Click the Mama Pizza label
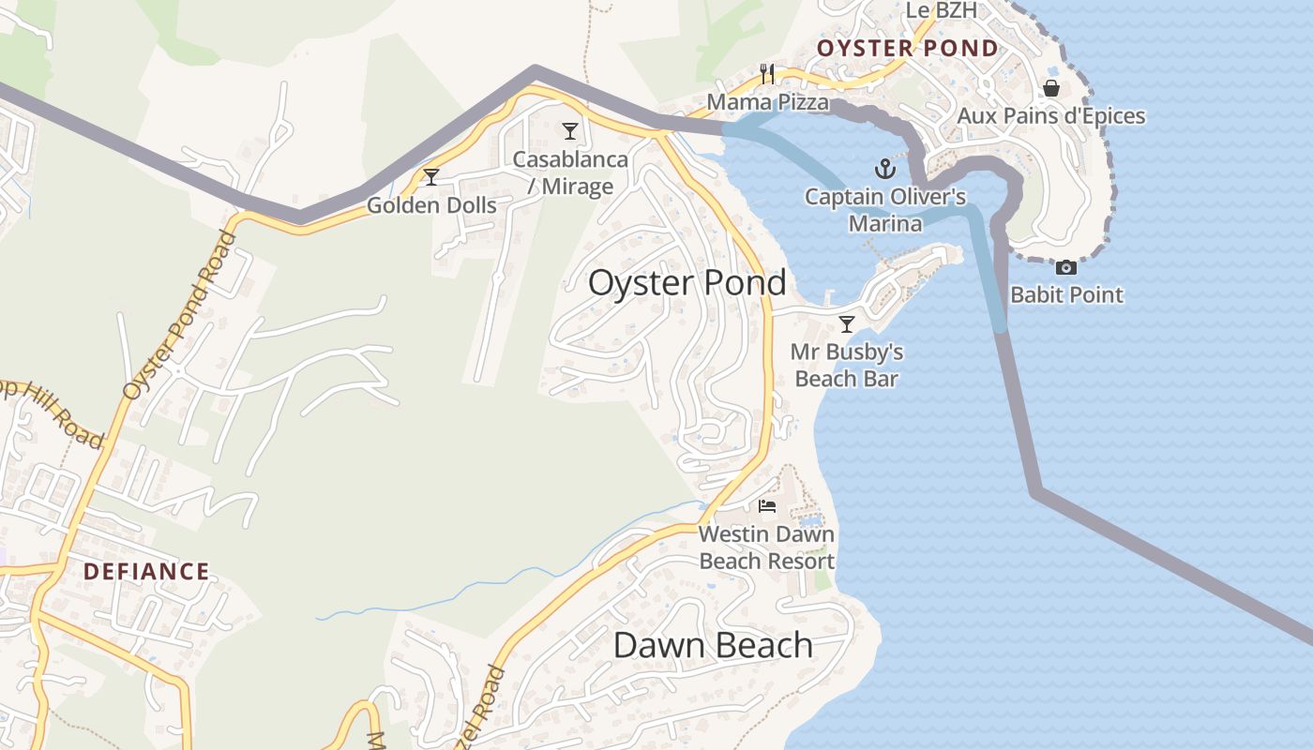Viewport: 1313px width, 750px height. click(x=767, y=101)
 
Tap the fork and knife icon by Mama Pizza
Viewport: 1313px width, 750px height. click(x=767, y=73)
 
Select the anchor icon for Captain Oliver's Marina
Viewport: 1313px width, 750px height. click(x=885, y=169)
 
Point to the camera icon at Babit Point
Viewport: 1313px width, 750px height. click(x=1066, y=268)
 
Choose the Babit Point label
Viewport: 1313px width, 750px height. click(x=1066, y=294)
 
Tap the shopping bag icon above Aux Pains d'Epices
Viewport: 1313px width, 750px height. click(x=1051, y=88)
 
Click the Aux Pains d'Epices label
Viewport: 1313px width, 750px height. click(x=1051, y=115)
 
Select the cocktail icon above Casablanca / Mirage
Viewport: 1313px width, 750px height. click(x=570, y=131)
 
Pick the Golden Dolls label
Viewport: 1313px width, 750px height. click(x=431, y=204)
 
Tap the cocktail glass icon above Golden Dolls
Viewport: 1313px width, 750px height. click(x=431, y=177)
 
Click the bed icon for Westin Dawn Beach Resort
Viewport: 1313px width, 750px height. click(x=767, y=507)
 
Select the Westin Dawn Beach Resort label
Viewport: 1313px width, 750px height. click(x=767, y=547)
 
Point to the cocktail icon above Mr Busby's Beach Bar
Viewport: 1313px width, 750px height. click(x=847, y=324)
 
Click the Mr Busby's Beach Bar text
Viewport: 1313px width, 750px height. click(x=847, y=365)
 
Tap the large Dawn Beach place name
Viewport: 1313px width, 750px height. click(x=713, y=645)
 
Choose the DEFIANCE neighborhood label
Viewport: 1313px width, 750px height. click(x=146, y=571)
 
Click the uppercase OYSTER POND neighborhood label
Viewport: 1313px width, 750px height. click(x=907, y=49)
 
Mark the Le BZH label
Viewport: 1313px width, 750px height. click(x=941, y=10)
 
